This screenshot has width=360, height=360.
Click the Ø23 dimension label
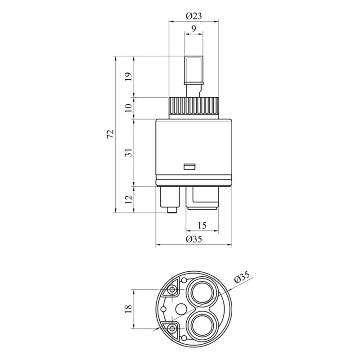click(194, 16)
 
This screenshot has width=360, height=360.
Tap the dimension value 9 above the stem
click(194, 29)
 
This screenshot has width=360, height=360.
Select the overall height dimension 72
click(110, 134)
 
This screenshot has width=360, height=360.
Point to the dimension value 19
click(129, 76)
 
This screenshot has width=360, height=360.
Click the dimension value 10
click(129, 108)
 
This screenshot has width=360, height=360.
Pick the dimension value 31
click(129, 153)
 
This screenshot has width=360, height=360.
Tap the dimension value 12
click(129, 199)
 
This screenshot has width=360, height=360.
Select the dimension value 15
click(202, 225)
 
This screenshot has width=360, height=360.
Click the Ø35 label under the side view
click(194, 239)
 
